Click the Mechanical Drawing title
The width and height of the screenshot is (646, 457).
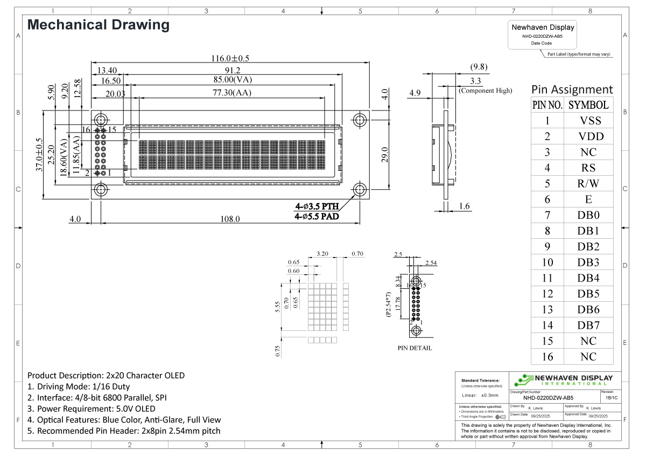tap(98, 25)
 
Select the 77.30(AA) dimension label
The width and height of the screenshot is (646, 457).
tap(232, 93)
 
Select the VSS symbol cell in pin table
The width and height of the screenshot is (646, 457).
tap(588, 121)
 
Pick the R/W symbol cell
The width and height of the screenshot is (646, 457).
tap(588, 184)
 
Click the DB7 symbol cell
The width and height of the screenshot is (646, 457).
tap(588, 326)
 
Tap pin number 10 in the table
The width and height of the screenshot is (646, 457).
tap(547, 262)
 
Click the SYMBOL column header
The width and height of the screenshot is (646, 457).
tap(588, 105)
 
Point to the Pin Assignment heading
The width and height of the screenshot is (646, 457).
tap(572, 89)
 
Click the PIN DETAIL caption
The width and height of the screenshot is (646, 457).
tap(415, 348)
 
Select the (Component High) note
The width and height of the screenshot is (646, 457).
tap(485, 91)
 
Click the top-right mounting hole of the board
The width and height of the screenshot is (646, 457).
tap(360, 120)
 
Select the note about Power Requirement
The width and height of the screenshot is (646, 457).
tap(91, 408)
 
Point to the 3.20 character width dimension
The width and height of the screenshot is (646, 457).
tap(322, 253)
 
